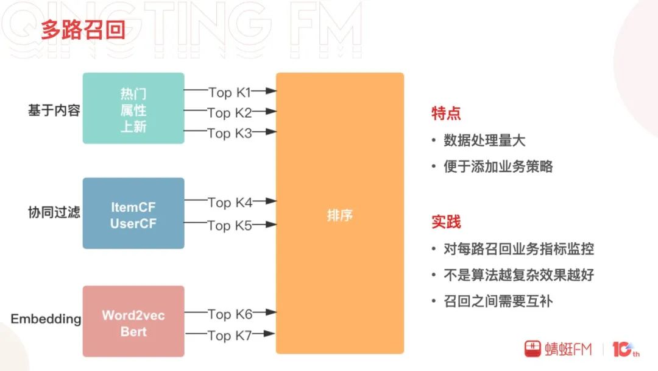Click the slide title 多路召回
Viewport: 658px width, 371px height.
pyautogui.click(x=83, y=30)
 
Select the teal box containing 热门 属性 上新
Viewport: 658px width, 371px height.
pyautogui.click(x=133, y=109)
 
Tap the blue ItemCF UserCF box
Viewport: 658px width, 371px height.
pyautogui.click(x=133, y=214)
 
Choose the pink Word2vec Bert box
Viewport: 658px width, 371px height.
pyautogui.click(x=133, y=322)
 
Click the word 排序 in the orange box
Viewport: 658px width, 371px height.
pyautogui.click(x=339, y=215)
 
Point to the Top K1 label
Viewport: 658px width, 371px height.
pyautogui.click(x=230, y=93)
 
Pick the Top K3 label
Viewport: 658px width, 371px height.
pyautogui.click(x=230, y=133)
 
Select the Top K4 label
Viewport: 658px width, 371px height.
pyautogui.click(x=230, y=202)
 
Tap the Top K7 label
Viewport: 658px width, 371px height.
pyautogui.click(x=230, y=335)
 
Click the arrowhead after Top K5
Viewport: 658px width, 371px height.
pyautogui.click(x=272, y=225)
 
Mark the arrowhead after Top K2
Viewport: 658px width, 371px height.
pyautogui.click(x=272, y=112)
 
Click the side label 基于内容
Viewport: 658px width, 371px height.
pyautogui.click(x=54, y=110)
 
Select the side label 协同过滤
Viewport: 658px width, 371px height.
pyautogui.click(x=54, y=213)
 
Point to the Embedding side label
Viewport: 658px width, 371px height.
pyautogui.click(x=46, y=319)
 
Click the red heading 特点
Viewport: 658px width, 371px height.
pyautogui.click(x=446, y=113)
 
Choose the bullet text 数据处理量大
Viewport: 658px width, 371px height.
pyautogui.click(x=484, y=140)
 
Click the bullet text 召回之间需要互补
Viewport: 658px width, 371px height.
pyautogui.click(x=498, y=301)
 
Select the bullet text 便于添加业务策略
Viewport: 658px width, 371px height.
pyautogui.click(x=498, y=166)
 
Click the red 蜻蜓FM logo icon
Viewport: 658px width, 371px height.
pyautogui.click(x=532, y=348)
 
